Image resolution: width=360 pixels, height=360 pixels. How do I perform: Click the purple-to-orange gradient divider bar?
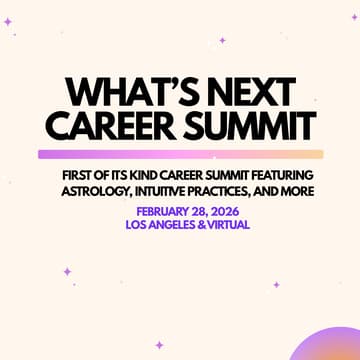(180, 154)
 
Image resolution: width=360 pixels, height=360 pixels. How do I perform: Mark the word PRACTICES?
(233, 192)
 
